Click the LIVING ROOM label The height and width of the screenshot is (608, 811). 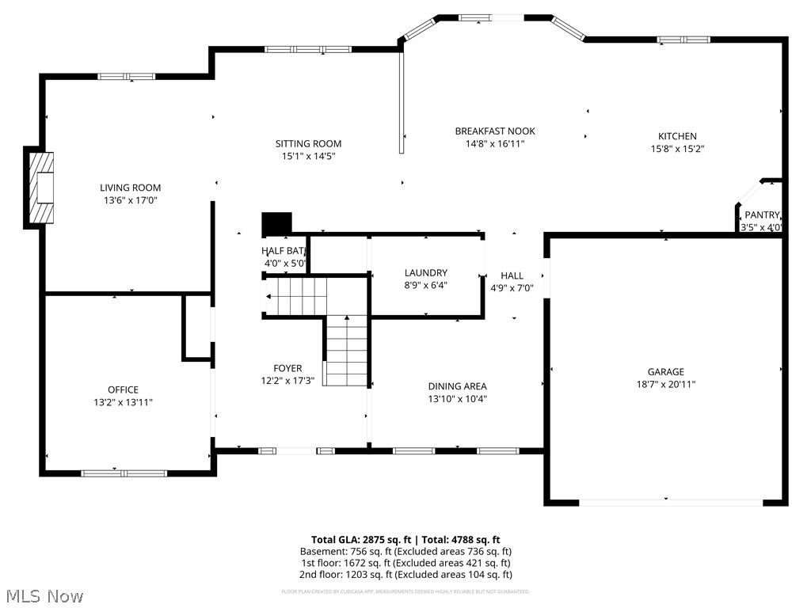130,188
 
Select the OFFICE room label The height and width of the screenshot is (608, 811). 123,389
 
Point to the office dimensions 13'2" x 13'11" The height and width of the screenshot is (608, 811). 123,402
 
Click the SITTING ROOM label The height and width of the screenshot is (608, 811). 308,143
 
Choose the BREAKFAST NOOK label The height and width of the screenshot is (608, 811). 495,131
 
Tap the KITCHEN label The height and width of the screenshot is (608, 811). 677,136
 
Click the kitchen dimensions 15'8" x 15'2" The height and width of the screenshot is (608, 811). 677,149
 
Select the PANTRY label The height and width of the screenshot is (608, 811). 762,215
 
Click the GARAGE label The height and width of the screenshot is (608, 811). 665,371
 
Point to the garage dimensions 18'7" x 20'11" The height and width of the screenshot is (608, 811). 665,384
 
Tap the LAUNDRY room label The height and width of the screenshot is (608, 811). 426,272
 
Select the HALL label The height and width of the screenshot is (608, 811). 512,275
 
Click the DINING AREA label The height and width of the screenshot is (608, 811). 457,386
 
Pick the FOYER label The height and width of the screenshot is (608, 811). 287,368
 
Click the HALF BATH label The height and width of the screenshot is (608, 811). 284,251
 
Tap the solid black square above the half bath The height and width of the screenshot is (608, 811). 276,222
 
